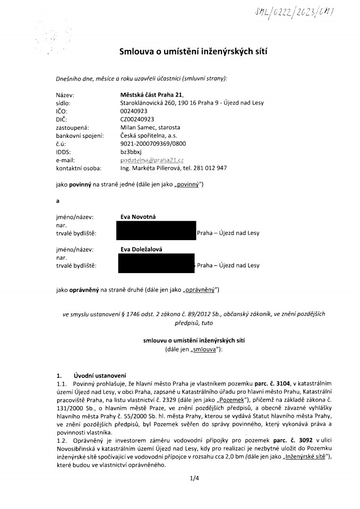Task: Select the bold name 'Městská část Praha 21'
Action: pos(151,94)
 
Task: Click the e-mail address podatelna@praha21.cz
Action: pos(152,160)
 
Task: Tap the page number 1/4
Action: pos(193,478)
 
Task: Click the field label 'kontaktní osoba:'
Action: pos(78,168)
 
